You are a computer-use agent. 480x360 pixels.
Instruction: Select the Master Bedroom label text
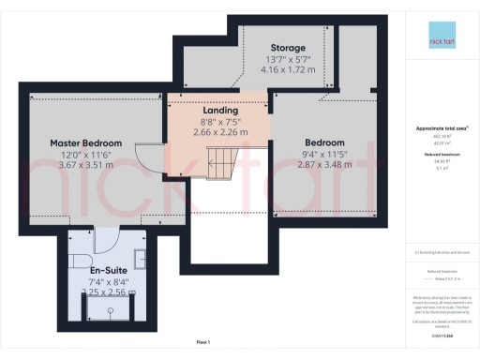click(x=85, y=142)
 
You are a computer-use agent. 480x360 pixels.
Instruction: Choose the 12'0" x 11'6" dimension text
click(x=85, y=155)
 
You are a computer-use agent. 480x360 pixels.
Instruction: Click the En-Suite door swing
click(x=104, y=239)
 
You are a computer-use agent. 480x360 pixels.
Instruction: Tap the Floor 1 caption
click(x=202, y=341)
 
